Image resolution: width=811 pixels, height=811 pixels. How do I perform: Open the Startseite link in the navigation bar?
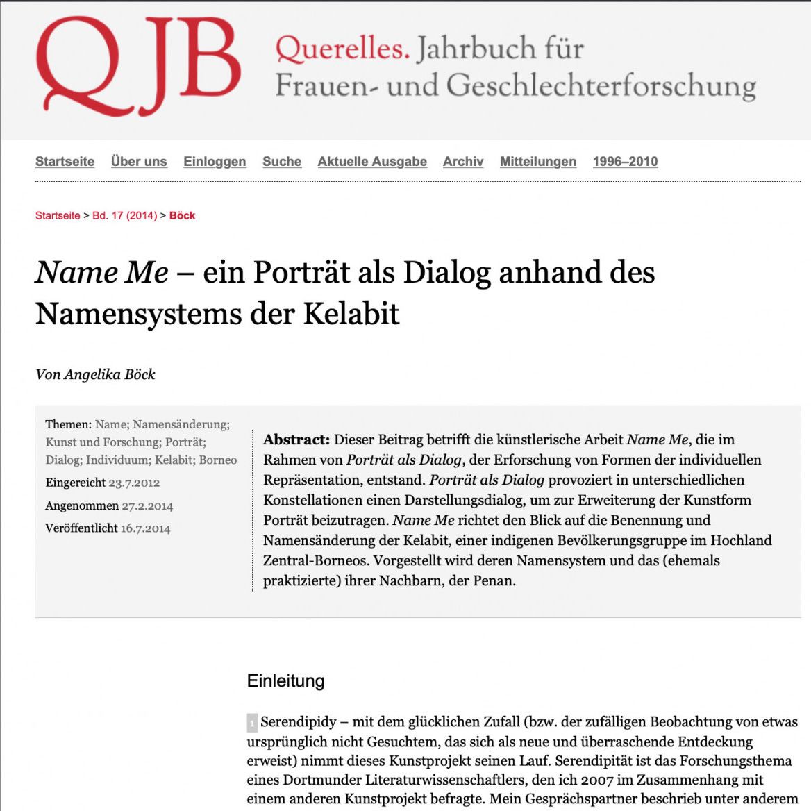65,161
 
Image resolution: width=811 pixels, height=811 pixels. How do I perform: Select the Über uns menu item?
139,161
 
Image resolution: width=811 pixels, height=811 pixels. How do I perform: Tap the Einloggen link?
215,161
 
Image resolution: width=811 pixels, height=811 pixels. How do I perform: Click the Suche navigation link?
282,161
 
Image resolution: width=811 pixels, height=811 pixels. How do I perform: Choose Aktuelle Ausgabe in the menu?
372,161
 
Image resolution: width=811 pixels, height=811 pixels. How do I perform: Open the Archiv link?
463,161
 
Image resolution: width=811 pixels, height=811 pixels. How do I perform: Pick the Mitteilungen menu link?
538,161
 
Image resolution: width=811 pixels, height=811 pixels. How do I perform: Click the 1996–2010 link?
625,161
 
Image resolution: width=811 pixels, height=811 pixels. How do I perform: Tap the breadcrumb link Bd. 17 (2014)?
125,215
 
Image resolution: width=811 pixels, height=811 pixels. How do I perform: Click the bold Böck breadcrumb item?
182,215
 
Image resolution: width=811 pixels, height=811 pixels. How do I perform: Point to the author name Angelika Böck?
109,374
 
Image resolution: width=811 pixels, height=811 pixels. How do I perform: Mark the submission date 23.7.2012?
134,483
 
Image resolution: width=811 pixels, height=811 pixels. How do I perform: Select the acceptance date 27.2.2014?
147,505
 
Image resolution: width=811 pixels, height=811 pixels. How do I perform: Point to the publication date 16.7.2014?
145,528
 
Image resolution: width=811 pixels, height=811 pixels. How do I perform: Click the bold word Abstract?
296,440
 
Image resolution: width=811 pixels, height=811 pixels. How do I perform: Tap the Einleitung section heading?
285,680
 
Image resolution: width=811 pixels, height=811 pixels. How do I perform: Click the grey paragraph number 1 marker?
252,723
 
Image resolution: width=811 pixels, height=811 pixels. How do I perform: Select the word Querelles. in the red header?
342,49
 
